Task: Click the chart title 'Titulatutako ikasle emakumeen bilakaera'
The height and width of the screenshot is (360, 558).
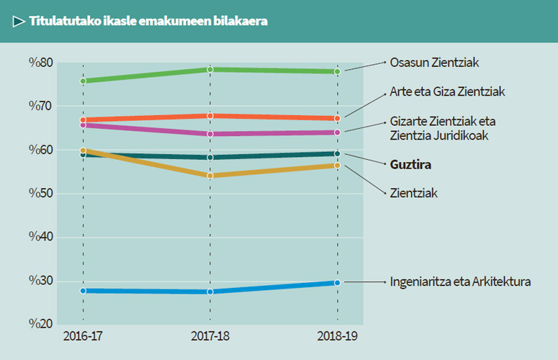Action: (148, 22)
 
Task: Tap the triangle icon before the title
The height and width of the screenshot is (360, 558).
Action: (19, 22)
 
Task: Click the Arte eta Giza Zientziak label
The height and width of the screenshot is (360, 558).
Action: (447, 91)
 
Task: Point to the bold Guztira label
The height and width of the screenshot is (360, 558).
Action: (410, 164)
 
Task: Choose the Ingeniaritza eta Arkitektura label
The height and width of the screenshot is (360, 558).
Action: (460, 282)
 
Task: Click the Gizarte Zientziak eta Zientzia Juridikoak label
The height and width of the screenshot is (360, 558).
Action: (442, 127)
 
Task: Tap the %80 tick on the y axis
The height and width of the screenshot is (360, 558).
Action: (40, 63)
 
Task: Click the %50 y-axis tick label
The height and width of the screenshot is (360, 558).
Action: (40, 194)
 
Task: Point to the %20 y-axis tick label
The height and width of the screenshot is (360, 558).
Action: (40, 325)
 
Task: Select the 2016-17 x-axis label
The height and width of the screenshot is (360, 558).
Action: (83, 337)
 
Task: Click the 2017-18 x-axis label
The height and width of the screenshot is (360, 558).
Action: (210, 337)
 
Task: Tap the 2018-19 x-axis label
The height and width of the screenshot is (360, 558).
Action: (338, 337)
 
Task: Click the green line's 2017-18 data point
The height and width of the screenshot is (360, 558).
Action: (210, 69)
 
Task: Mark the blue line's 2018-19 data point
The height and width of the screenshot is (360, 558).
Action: (338, 283)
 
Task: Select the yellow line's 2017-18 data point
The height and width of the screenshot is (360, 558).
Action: (210, 176)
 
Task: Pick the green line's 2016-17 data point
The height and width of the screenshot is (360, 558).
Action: (84, 81)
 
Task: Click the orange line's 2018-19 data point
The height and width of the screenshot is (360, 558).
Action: (338, 118)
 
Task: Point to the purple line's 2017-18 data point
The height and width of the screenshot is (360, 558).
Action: (210, 134)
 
